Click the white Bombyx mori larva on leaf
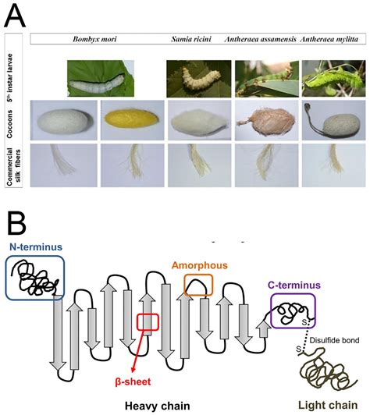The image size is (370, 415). click(99, 79)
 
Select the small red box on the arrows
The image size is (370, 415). click(148, 321)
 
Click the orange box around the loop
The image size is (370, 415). click(197, 286)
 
